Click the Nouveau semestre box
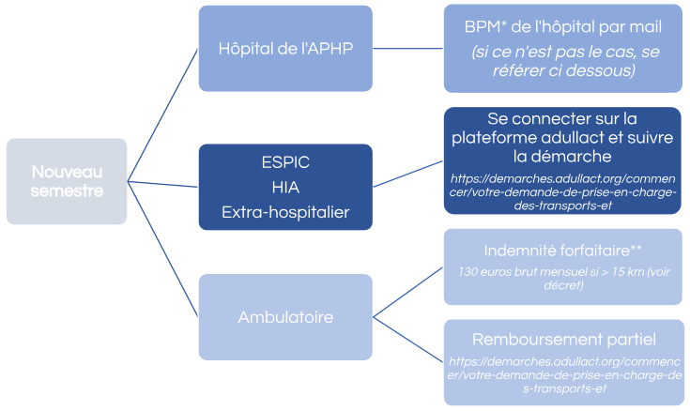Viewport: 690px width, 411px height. [x=66, y=181]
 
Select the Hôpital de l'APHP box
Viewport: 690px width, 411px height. [x=285, y=49]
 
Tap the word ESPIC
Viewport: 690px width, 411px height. [x=285, y=161]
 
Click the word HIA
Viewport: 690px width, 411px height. [x=285, y=187]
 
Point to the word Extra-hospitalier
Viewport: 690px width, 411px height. [x=285, y=212]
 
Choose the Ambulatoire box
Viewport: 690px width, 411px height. [x=285, y=316]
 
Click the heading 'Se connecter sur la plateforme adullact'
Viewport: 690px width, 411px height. [x=563, y=138]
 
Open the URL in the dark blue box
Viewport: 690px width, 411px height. [x=563, y=191]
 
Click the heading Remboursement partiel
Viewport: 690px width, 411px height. [x=563, y=339]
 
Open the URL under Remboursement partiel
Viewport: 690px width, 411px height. [x=563, y=373]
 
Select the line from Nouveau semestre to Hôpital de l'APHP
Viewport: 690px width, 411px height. [x=161, y=114]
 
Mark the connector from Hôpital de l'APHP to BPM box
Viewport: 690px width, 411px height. [x=408, y=49]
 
